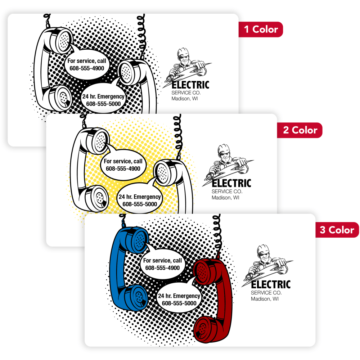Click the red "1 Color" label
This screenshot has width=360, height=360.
pos(261,30)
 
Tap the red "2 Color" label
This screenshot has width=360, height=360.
pos(300,130)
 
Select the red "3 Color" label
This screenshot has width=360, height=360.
pos(337,230)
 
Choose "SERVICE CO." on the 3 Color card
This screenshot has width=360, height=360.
pos(266,293)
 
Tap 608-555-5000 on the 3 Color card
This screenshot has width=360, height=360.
pos(179,303)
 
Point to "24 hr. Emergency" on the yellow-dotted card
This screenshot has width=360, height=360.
pos(140,197)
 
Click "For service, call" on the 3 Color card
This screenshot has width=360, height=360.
pos(162,261)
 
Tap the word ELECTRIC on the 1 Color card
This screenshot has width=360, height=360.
pos(190,85)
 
